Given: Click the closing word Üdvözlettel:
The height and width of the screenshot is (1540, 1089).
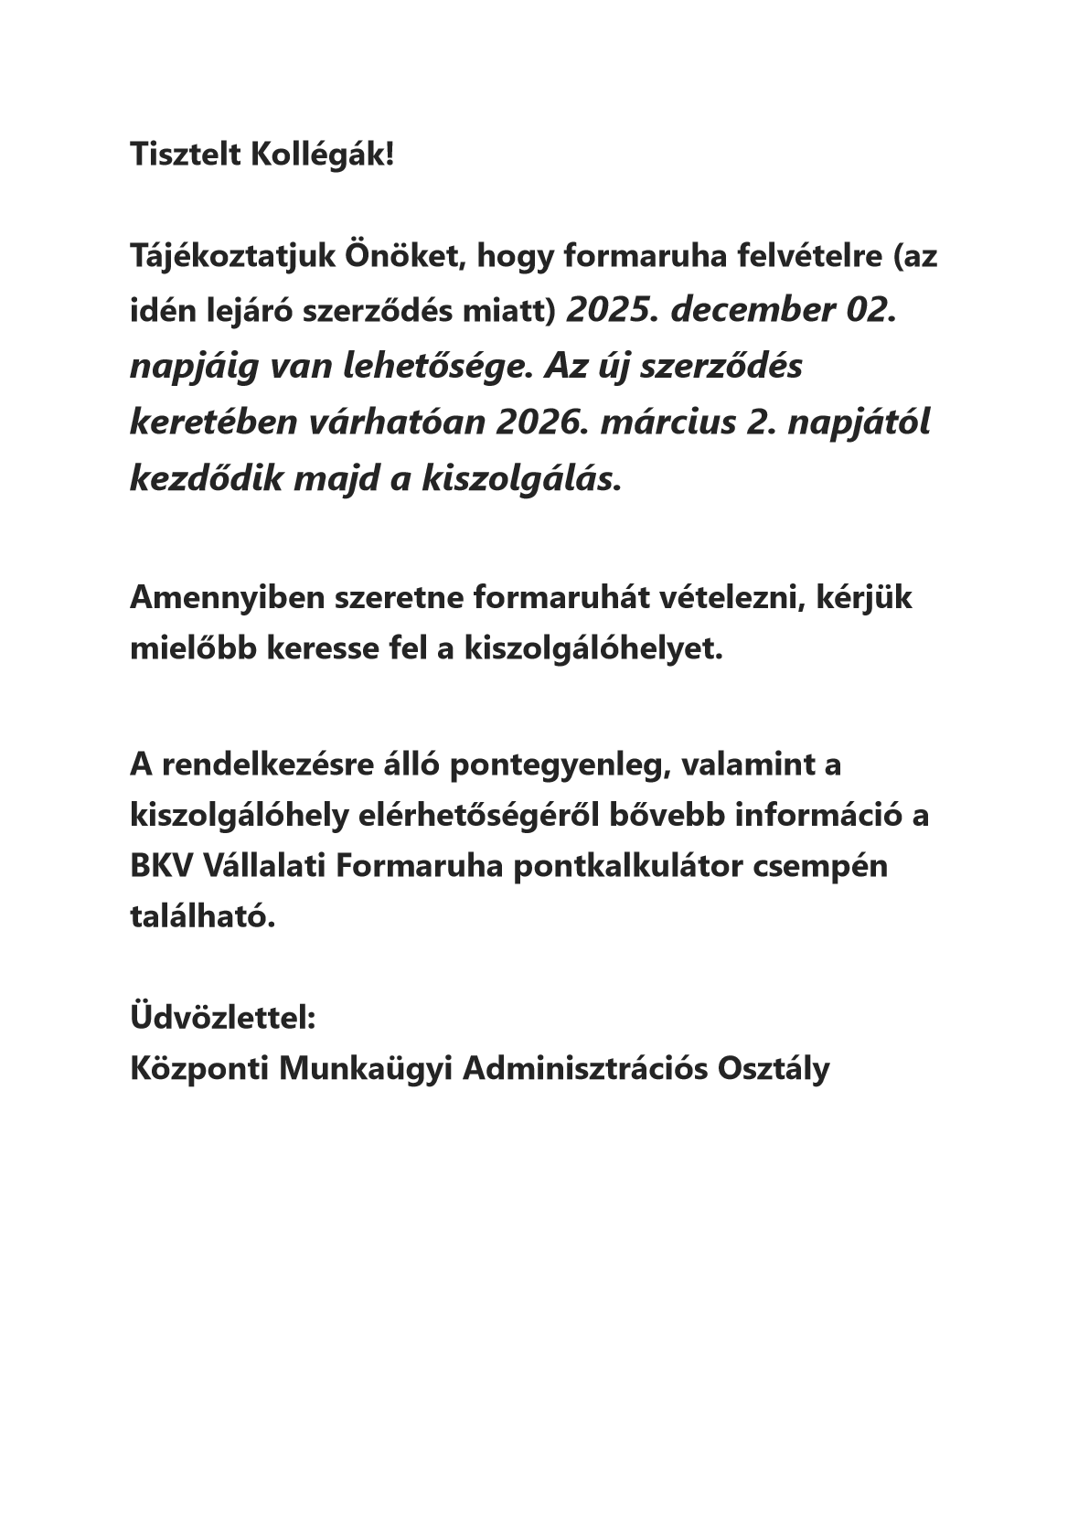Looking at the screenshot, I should pyautogui.click(x=223, y=1017).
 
